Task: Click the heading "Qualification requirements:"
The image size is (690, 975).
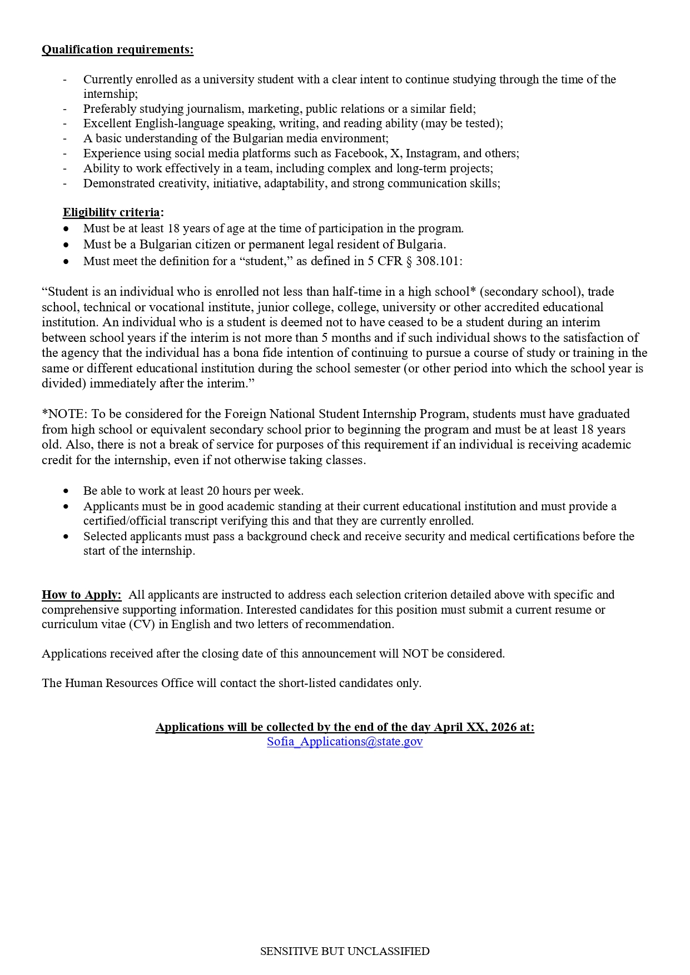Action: coord(117,49)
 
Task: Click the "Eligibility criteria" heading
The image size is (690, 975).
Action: coord(111,212)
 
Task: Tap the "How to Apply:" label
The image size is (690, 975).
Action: coord(81,595)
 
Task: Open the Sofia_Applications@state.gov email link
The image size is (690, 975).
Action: coord(345,742)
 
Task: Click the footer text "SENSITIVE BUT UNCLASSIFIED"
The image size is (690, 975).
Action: coord(345,951)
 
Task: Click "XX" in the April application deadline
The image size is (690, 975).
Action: coord(474,727)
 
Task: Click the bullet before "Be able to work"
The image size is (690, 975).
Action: coord(67,491)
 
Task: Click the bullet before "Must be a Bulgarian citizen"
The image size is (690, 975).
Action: coord(67,245)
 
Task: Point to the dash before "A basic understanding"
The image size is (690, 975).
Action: coord(65,138)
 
